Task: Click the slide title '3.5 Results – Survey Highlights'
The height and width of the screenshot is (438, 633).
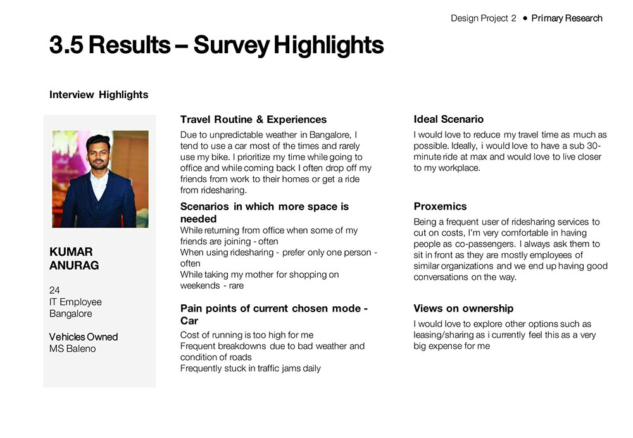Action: click(216, 46)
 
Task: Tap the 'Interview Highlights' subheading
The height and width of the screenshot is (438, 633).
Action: click(99, 95)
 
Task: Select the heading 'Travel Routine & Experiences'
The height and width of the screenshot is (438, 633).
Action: click(253, 120)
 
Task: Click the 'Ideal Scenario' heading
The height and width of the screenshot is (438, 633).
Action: click(448, 120)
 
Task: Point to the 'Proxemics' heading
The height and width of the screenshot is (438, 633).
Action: click(440, 206)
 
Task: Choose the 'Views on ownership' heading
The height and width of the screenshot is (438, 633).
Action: click(463, 309)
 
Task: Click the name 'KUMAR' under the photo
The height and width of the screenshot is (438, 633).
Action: click(71, 252)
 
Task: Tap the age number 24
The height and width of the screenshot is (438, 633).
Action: click(54, 291)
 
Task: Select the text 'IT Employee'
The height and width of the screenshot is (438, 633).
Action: click(75, 302)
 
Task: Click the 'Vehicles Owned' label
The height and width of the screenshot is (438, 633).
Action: click(84, 337)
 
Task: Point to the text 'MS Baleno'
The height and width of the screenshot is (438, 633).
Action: click(72, 348)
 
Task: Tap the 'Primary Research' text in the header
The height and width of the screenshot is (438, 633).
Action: click(567, 18)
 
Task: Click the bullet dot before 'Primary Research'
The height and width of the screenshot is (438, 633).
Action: click(525, 18)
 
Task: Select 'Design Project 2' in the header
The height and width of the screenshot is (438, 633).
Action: click(483, 18)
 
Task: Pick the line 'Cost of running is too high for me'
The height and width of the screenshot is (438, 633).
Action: click(246, 335)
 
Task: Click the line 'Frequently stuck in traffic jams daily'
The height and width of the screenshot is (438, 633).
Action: click(250, 368)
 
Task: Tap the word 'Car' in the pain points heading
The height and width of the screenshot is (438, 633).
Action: click(189, 321)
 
